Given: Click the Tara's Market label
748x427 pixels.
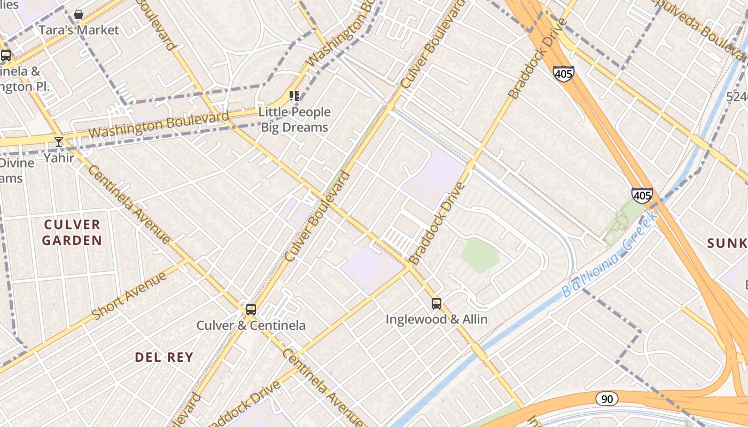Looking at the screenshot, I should click(79, 30).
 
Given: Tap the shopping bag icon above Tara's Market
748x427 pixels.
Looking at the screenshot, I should click(79, 14).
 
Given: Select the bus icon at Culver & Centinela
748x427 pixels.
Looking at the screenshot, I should click(251, 309).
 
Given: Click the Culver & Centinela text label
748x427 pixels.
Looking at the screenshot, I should click(251, 325).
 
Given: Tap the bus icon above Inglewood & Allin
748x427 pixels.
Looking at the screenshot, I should click(437, 304).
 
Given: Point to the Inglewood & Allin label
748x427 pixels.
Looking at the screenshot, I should click(437, 319).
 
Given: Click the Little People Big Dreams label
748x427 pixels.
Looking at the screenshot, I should click(294, 120).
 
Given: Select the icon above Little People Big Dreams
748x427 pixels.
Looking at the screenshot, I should click(294, 96).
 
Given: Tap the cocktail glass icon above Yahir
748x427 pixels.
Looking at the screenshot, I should click(59, 141).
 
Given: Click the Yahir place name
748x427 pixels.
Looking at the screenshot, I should click(59, 157).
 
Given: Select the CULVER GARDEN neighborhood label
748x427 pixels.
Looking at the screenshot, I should click(72, 232).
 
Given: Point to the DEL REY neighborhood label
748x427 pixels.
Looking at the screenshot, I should click(164, 357).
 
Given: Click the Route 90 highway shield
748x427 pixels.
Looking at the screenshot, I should click(606, 399).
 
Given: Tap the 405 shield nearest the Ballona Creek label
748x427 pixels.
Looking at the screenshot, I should click(642, 195).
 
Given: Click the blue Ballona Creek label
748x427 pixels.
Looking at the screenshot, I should click(609, 255).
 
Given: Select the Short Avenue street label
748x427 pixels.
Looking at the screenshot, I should click(129, 296).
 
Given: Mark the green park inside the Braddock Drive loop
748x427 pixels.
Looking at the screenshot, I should click(480, 255).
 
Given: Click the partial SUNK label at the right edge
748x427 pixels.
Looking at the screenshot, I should click(727, 243).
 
